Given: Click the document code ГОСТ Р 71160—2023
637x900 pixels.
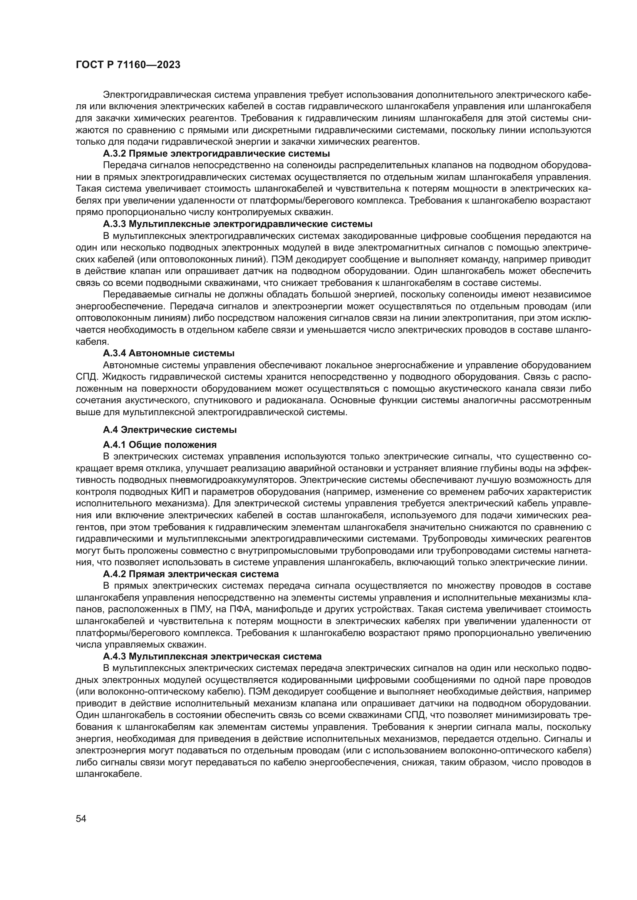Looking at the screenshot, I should pos(128,65).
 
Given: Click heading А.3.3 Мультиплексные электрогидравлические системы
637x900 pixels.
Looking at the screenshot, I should pos(237,224).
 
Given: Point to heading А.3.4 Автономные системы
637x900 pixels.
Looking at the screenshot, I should pos(169,353).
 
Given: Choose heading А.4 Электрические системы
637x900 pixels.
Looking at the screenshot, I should pos(169,430).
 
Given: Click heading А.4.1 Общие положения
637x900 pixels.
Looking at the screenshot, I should pos(160,444).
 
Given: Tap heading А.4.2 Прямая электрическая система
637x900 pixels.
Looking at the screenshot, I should pos(191,574).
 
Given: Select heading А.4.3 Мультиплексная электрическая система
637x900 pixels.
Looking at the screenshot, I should pos(212,656).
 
